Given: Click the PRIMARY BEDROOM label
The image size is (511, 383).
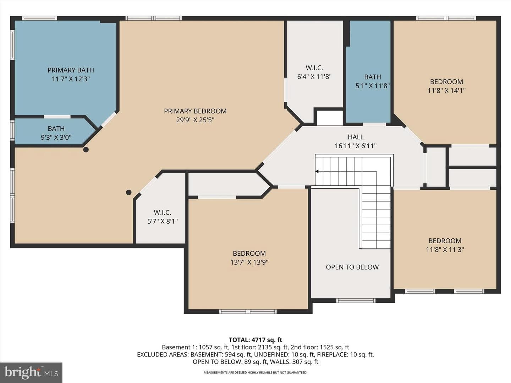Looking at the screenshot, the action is pos(195,111).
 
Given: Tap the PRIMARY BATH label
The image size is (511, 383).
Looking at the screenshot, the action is pos(71,70).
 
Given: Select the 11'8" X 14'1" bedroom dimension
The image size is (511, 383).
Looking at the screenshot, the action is pos(446,90).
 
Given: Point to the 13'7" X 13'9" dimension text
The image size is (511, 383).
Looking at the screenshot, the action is pos(249,262).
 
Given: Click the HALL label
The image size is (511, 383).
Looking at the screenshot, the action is pos(356,137).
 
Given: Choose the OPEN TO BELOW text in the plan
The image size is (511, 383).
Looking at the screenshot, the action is pos(352,267).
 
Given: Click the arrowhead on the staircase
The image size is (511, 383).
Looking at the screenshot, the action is pos(317,171).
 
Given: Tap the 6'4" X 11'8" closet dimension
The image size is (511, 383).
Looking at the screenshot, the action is pos(314,77).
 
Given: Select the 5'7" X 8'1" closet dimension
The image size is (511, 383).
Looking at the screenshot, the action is pos(163,221).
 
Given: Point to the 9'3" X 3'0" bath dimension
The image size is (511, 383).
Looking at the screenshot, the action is pos(56,138).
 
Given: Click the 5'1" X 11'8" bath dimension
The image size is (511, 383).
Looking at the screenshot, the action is pos(373,86).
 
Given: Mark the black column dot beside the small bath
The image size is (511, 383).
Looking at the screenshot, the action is pos(86,150).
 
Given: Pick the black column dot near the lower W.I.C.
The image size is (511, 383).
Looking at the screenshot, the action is pos(129,192).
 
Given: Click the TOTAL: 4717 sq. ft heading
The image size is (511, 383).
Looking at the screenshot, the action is pos(255,340).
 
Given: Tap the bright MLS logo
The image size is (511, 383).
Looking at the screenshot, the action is pos(31,372).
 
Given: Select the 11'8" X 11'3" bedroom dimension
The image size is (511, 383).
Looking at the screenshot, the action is pos(445,250).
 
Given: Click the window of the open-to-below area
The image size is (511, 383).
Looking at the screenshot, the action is pos(356,301).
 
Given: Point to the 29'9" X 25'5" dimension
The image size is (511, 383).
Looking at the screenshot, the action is pos(195,120).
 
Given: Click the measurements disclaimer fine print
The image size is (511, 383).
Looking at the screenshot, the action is pos(255,372).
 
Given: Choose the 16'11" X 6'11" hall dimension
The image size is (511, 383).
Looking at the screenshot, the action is pos(356,146).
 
